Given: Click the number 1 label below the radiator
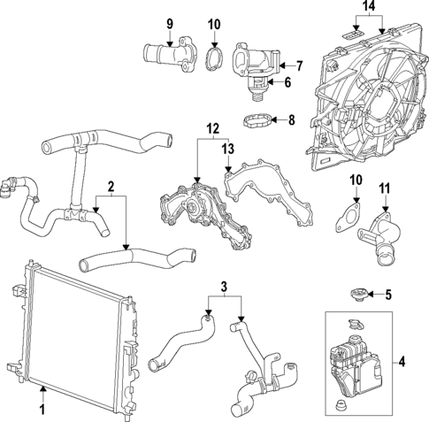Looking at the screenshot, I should pos(41,409).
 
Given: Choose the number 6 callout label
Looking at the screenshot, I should pos(286,82).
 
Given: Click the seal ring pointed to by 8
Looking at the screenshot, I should pos(256,118).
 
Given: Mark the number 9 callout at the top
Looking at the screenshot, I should pos(170,22).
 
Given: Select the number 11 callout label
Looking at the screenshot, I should pos(384,188).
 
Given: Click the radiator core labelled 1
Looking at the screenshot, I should pos(75,326).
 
